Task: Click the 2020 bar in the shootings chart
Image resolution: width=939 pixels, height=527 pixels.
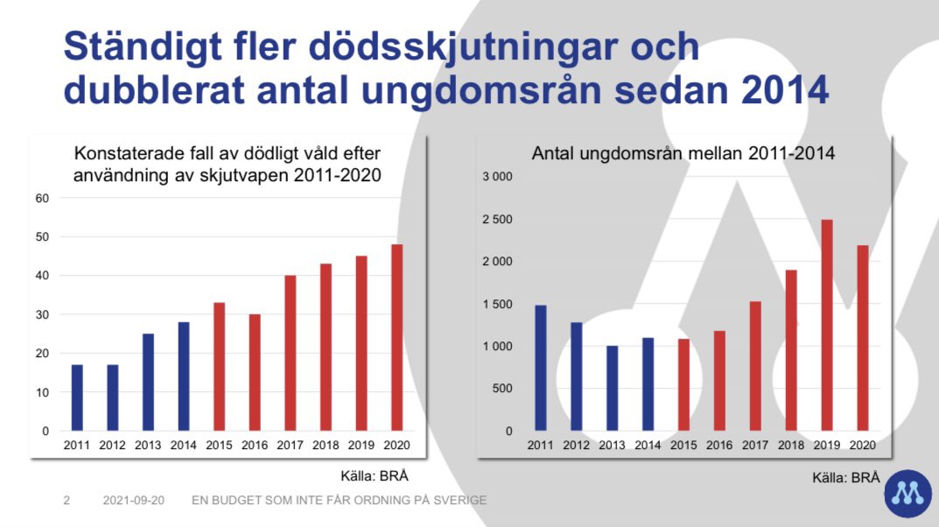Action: (x=396, y=338)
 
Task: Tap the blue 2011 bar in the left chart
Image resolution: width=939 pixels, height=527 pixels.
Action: (x=77, y=398)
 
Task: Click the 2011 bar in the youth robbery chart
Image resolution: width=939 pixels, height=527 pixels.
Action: (x=540, y=369)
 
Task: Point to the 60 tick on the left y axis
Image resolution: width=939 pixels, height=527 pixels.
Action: (x=42, y=199)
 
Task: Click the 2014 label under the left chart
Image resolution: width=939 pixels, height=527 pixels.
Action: (x=183, y=445)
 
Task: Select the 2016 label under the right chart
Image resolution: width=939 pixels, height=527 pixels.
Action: (x=718, y=445)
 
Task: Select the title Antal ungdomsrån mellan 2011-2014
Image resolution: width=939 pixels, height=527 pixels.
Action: (x=683, y=153)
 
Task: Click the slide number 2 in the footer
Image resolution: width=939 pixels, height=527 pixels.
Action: (x=67, y=501)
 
